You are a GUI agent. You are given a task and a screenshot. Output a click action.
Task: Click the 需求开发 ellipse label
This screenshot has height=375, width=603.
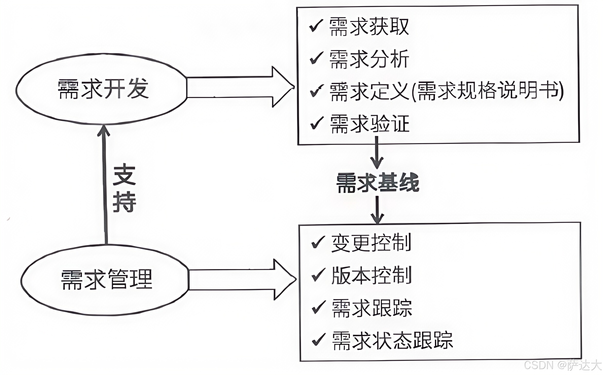pyautogui.click(x=103, y=89)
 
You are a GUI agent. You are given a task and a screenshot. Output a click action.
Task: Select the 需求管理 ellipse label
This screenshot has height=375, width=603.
pyautogui.click(x=107, y=280)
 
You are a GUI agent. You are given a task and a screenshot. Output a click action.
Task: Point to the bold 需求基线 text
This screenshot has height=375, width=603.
pyautogui.click(x=378, y=183)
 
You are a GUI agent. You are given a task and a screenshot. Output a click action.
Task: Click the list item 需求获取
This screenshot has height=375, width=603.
pyautogui.click(x=369, y=27)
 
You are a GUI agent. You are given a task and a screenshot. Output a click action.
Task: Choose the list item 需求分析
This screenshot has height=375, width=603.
pyautogui.click(x=369, y=59)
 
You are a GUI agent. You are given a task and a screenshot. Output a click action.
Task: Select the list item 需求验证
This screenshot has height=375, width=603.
pyautogui.click(x=370, y=124)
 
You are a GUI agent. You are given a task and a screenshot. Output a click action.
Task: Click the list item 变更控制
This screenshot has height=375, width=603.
pyautogui.click(x=371, y=243)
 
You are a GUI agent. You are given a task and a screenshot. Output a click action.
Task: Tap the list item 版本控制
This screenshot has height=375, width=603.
pyautogui.click(x=371, y=275)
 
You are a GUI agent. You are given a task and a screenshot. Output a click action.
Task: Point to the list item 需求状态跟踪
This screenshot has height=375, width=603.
pyautogui.click(x=392, y=340)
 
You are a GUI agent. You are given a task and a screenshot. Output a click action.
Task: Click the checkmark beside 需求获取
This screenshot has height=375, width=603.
pyautogui.click(x=316, y=26)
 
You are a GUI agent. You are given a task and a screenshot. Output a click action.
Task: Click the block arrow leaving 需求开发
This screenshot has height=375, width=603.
pyautogui.click(x=239, y=87)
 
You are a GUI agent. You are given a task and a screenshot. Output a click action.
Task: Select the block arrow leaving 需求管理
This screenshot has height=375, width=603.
pyautogui.click(x=242, y=280)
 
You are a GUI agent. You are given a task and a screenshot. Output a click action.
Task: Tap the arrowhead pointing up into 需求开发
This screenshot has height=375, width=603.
pyautogui.click(x=104, y=130)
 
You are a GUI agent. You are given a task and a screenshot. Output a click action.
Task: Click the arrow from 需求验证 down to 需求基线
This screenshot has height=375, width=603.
pyautogui.click(x=377, y=153)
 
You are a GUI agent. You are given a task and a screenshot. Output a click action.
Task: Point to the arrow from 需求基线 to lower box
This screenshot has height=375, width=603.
pyautogui.click(x=377, y=210)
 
